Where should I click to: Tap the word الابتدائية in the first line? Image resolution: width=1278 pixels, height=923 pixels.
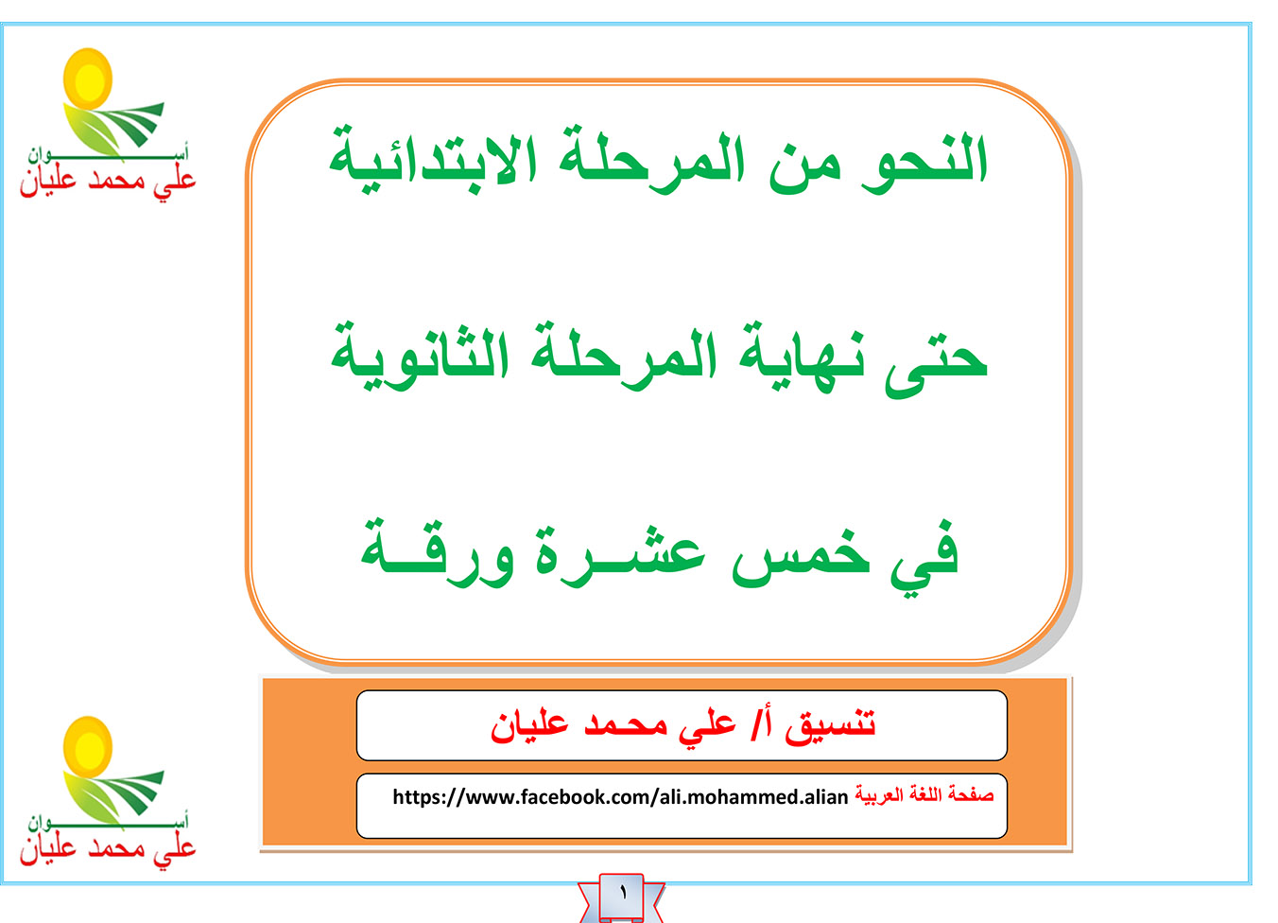tap(433, 161)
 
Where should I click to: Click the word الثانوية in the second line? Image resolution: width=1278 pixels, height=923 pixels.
tap(420, 357)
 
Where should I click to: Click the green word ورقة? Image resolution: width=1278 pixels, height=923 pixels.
tap(437, 553)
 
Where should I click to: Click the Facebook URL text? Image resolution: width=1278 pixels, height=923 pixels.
tap(620, 797)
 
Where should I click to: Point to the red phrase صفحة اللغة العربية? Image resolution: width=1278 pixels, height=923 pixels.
tap(924, 794)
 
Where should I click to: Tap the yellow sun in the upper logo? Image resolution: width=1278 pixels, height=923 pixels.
tap(88, 78)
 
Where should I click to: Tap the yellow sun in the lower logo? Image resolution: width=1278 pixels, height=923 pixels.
tap(88, 747)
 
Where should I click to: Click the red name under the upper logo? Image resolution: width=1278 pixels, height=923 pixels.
tap(108, 182)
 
